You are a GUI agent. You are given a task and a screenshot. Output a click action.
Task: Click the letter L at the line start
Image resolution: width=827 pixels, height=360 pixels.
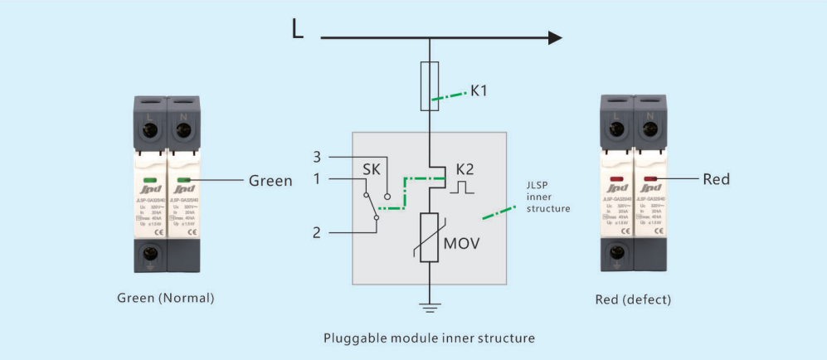298,30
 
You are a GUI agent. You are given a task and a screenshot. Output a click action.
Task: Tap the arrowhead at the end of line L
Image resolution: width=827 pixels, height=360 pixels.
554,37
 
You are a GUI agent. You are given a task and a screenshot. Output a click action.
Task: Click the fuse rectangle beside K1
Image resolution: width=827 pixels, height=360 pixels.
430,85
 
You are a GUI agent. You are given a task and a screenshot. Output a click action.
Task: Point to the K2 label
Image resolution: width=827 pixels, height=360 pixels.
465,170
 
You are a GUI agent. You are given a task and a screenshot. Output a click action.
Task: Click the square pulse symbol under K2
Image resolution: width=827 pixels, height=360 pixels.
461,188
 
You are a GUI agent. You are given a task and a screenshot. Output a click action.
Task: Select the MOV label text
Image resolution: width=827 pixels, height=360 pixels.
462,245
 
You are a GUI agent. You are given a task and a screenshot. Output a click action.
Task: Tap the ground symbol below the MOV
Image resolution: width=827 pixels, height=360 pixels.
430,309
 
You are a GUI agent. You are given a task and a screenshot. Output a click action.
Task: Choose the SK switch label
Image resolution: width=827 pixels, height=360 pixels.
372,171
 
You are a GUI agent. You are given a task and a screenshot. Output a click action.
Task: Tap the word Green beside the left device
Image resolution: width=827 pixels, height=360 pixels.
270,180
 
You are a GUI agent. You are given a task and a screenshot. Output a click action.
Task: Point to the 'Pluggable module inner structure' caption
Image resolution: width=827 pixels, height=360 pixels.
429,338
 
